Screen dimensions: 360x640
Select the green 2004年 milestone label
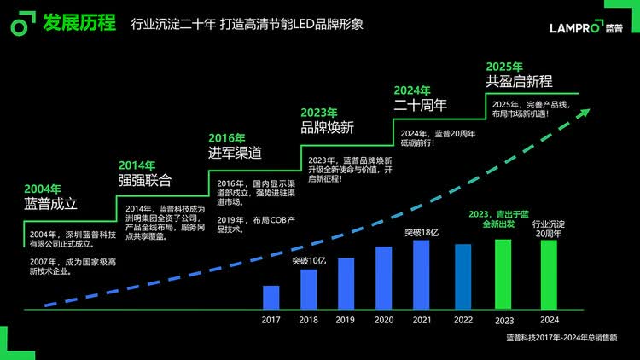pyautogui.click(x=43, y=189)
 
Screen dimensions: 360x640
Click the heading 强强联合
pyautogui.click(x=144, y=180)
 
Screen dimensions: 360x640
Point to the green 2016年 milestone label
pyautogui.click(x=227, y=137)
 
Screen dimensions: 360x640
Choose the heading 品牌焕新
pyautogui.click(x=327, y=127)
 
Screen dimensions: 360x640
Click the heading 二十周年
pyautogui.click(x=420, y=105)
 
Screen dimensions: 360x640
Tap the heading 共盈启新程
pyautogui.click(x=519, y=81)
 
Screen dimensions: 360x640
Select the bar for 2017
pyautogui.click(x=271, y=297)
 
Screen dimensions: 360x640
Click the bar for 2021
pyautogui.click(x=421, y=274)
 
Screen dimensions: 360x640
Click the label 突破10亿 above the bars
pyautogui.click(x=309, y=260)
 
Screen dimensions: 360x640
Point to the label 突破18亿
pyautogui.click(x=421, y=231)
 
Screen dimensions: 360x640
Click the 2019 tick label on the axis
pyautogui.click(x=346, y=320)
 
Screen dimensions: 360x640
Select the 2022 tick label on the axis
pyautogui.click(x=462, y=320)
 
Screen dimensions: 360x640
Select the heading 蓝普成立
pyautogui.click(x=50, y=204)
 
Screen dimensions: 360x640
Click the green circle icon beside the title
pyautogui.click(x=20, y=26)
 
